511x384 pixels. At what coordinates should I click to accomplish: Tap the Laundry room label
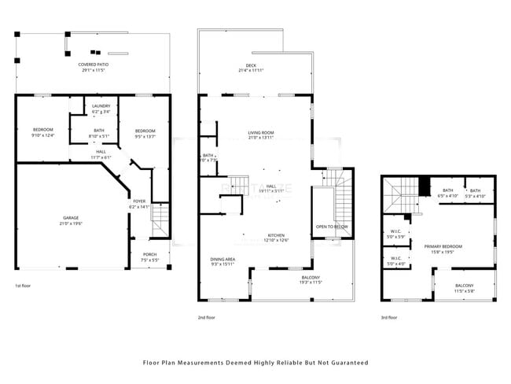coord(101,109)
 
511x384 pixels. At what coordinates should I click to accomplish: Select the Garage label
coord(72,220)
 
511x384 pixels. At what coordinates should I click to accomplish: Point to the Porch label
coord(149,257)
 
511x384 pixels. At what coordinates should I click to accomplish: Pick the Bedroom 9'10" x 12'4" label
coord(42,132)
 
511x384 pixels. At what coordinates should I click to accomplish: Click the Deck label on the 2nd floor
coord(251,68)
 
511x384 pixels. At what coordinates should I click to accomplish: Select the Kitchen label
coord(276,237)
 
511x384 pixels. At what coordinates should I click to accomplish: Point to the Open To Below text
coord(332,227)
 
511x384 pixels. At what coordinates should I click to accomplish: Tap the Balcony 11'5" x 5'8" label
coord(465,287)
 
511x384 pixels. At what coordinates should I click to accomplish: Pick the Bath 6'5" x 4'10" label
coord(447,193)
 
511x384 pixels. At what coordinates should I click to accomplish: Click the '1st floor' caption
coord(23,286)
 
